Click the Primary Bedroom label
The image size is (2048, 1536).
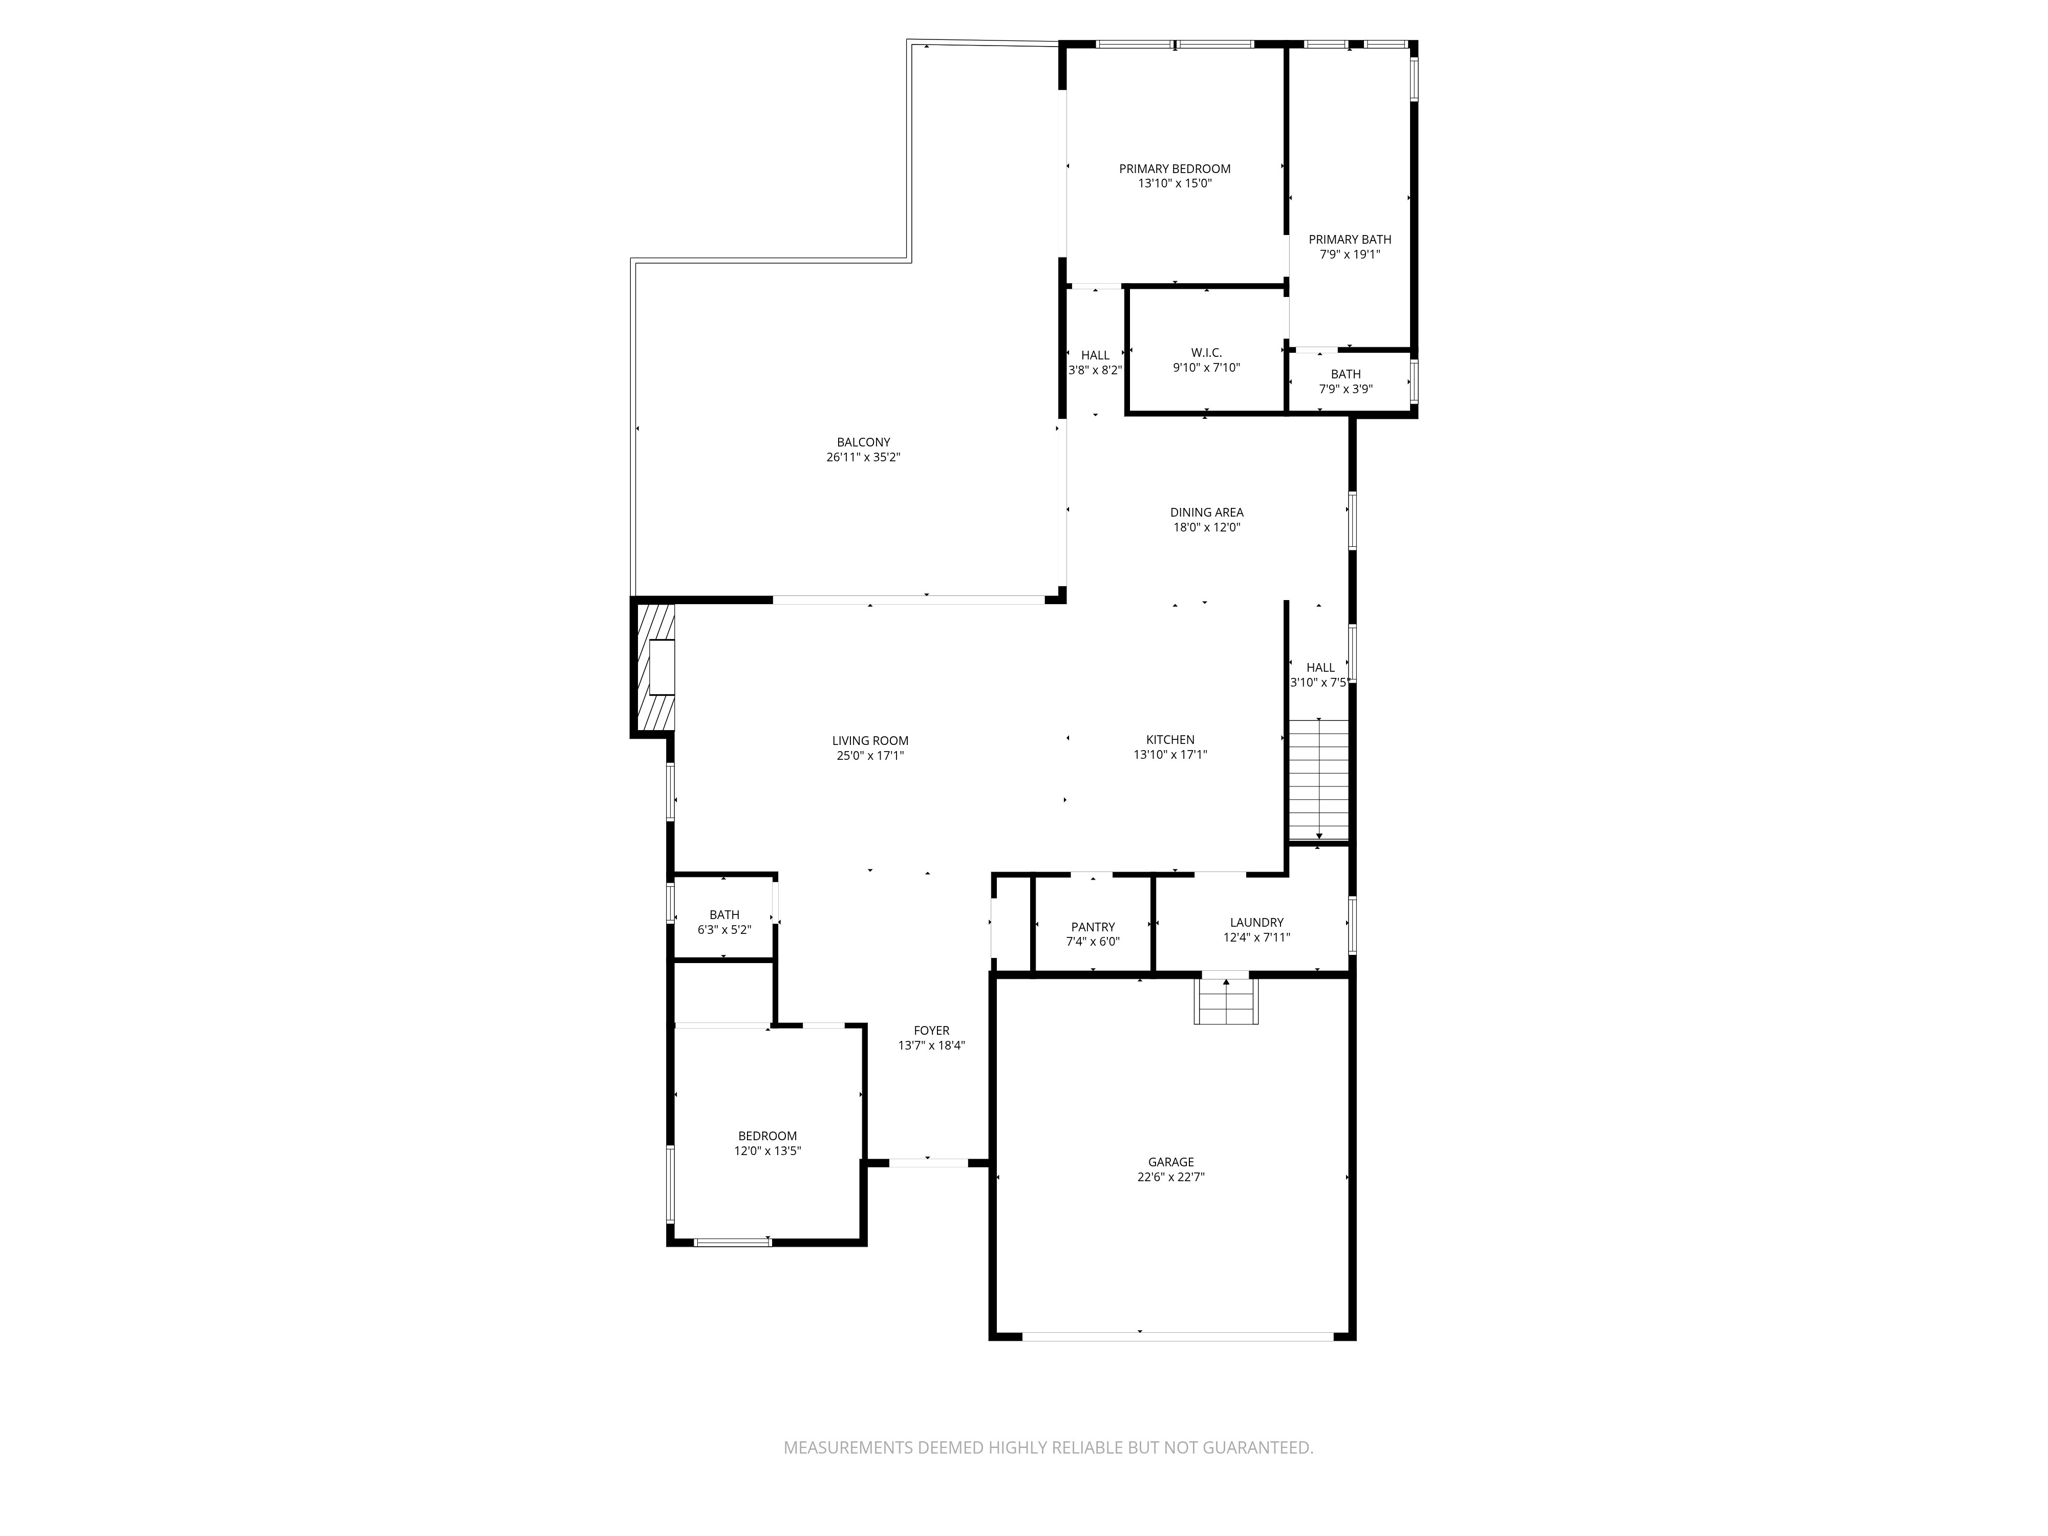(x=1174, y=169)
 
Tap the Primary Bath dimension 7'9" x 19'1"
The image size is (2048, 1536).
(x=1350, y=254)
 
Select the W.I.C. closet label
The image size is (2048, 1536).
(x=1206, y=353)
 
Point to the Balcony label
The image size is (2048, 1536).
(x=863, y=442)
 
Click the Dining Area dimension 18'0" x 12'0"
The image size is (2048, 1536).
(x=1206, y=527)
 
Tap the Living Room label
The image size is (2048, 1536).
(x=870, y=741)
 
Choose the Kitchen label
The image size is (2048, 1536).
(x=1170, y=740)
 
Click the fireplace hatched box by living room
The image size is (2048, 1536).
(x=654, y=667)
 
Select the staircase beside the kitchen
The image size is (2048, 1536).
(x=1318, y=780)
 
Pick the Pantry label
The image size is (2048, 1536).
(x=1092, y=927)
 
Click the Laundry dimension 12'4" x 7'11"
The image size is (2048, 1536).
(x=1256, y=938)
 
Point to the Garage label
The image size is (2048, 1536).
(x=1170, y=1162)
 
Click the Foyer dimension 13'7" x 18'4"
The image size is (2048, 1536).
(x=931, y=1046)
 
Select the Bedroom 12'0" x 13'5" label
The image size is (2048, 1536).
(x=767, y=1136)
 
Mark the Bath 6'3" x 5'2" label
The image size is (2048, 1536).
(x=724, y=915)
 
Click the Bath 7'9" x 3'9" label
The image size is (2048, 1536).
(x=1345, y=374)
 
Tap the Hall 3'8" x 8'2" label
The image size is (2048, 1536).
(x=1095, y=355)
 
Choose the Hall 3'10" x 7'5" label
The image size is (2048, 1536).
(x=1320, y=667)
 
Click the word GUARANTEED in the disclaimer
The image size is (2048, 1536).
(x=1254, y=1447)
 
